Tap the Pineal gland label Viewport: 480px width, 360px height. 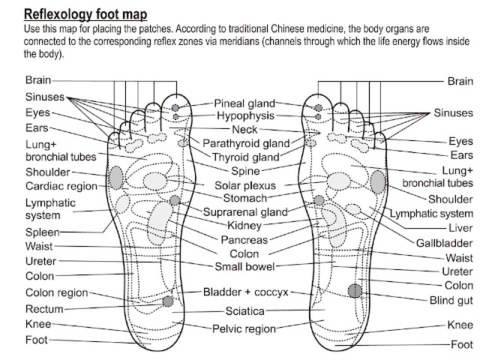(245, 103)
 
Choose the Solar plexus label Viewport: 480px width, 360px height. (245, 185)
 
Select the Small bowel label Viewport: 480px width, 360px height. (245, 266)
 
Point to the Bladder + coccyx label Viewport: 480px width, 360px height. (244, 292)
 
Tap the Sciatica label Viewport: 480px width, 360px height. (243, 310)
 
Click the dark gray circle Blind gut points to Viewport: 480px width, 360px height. (355, 290)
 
